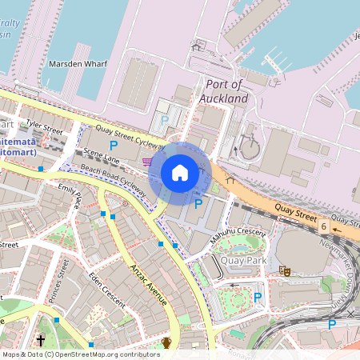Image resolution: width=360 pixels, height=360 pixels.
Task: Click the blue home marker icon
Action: click(x=180, y=172)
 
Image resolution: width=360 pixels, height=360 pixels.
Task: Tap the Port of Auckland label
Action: click(x=227, y=90)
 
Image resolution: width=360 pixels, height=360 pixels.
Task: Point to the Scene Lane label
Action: click(x=101, y=156)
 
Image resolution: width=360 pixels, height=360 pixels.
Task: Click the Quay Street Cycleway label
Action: click(x=130, y=137)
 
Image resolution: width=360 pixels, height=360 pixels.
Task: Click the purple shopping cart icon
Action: click(x=147, y=161)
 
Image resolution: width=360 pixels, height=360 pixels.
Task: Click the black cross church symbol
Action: click(x=40, y=340)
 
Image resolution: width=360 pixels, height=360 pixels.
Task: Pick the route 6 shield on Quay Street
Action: click(x=324, y=226)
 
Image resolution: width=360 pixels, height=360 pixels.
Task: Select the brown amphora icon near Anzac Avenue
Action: click(x=166, y=343)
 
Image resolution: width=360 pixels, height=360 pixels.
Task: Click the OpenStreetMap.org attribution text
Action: click(x=116, y=354)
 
